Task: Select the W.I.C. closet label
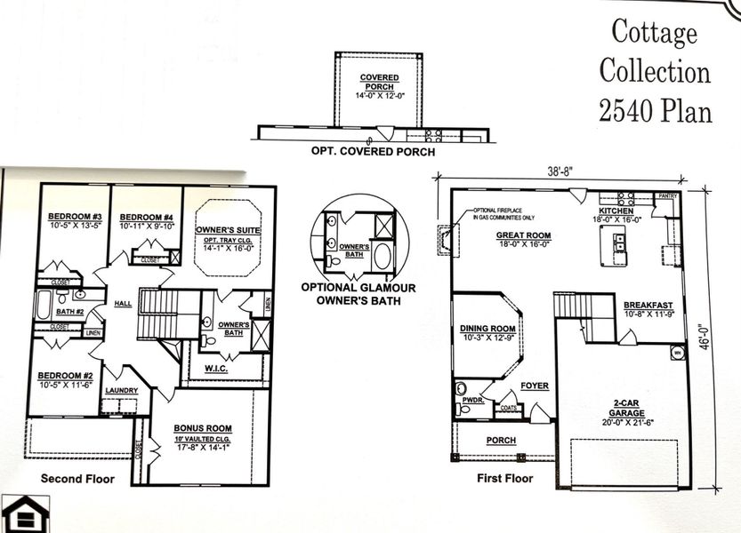click(x=217, y=367)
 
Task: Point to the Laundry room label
click(x=121, y=390)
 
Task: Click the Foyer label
click(x=535, y=386)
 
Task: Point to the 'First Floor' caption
click(x=504, y=479)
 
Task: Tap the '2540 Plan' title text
click(x=655, y=111)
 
